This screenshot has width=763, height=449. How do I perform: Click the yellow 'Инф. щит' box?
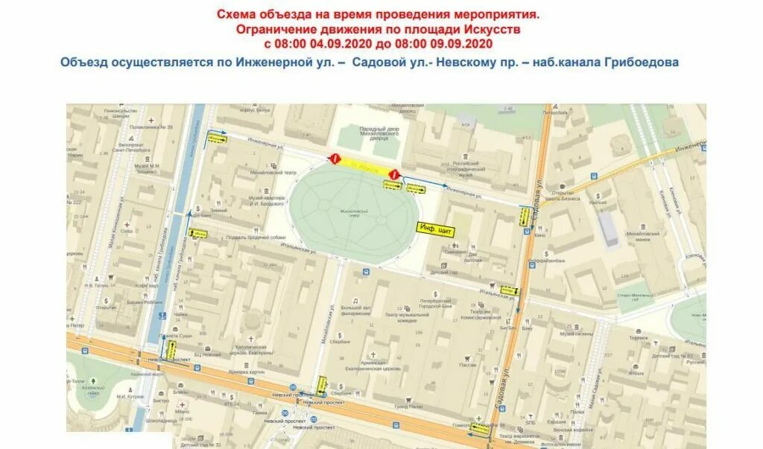436,230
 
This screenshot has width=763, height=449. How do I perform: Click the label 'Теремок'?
639,337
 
